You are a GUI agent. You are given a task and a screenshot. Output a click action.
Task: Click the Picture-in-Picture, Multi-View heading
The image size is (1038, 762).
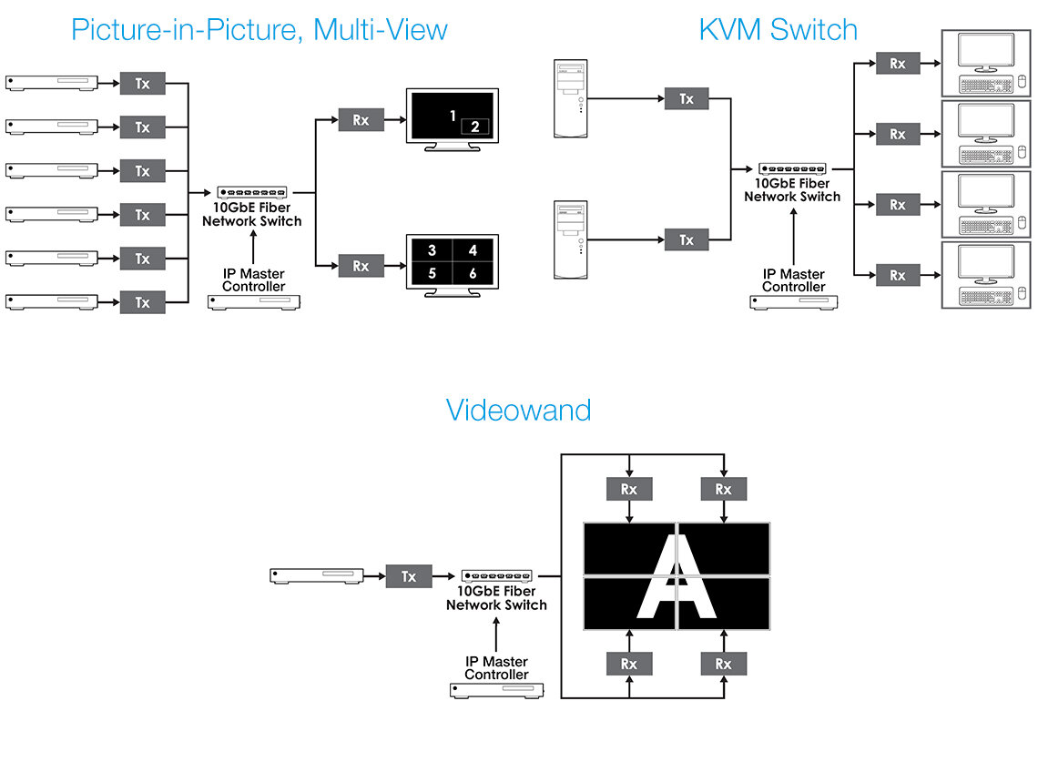pyautogui.click(x=259, y=29)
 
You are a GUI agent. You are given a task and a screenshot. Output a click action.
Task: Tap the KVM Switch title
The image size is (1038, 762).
pyautogui.click(x=778, y=29)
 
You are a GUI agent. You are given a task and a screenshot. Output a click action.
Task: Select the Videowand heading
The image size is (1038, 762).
pyautogui.click(x=518, y=410)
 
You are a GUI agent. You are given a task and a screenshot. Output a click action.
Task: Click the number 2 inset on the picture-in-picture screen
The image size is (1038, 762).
pyautogui.click(x=475, y=127)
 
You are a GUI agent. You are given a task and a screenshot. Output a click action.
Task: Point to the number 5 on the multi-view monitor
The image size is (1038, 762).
pyautogui.click(x=432, y=272)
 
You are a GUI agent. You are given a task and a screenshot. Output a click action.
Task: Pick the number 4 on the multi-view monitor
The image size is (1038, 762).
pyautogui.click(x=473, y=249)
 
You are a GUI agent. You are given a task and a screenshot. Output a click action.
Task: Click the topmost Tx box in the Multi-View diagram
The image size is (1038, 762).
pyautogui.click(x=143, y=84)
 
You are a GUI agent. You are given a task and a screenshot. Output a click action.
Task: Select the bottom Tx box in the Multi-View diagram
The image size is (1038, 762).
pyautogui.click(x=143, y=302)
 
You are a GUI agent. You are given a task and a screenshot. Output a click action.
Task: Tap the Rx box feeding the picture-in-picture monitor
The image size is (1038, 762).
pyautogui.click(x=361, y=119)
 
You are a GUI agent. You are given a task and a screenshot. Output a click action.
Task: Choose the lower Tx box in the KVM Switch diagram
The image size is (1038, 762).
pyautogui.click(x=687, y=240)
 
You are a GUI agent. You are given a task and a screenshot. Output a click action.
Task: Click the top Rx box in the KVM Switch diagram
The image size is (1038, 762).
pyautogui.click(x=898, y=64)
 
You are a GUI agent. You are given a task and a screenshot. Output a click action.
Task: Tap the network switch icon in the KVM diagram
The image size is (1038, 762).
pyautogui.click(x=793, y=169)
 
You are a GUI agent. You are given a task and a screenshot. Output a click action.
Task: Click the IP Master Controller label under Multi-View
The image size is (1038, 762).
pyautogui.click(x=254, y=280)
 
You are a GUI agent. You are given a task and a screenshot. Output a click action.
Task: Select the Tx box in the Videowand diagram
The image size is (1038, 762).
pyautogui.click(x=409, y=576)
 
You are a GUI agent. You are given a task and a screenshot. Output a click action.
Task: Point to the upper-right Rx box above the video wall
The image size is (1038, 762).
pyautogui.click(x=723, y=489)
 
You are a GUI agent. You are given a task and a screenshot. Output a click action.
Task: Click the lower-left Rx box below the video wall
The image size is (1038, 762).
pyautogui.click(x=629, y=664)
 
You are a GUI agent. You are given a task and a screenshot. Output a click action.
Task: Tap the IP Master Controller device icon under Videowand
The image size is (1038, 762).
pyautogui.click(x=496, y=691)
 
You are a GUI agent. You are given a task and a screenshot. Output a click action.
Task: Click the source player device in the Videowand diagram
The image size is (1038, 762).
pyautogui.click(x=317, y=575)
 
